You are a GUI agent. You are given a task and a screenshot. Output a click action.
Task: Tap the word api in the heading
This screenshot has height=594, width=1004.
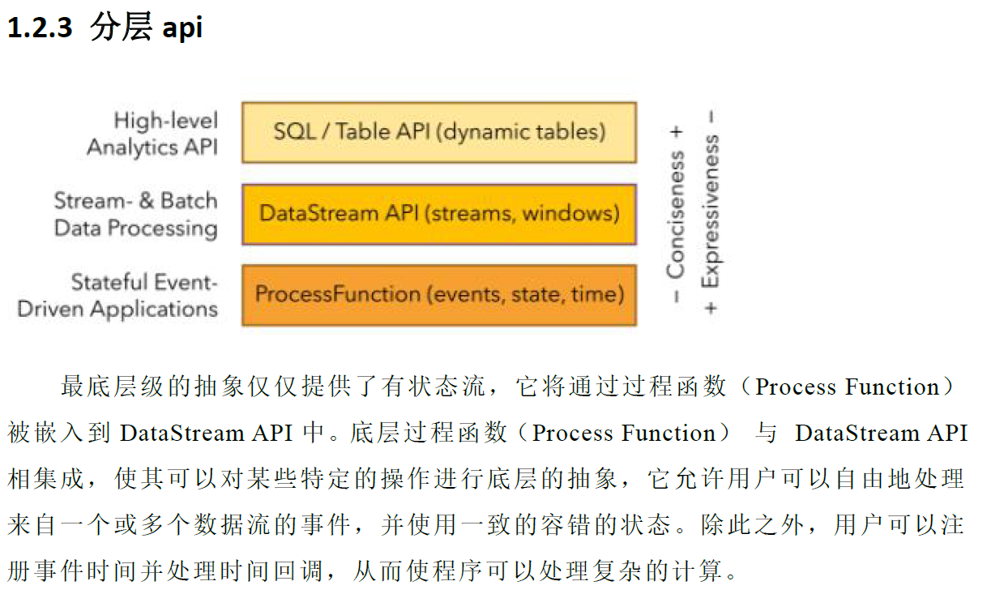[182, 28]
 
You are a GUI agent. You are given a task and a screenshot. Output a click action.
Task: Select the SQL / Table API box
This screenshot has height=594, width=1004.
[439, 131]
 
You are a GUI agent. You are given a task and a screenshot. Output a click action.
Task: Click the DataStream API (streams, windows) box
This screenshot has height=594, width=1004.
[439, 214]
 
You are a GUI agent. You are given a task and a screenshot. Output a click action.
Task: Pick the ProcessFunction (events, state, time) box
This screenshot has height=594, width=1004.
[439, 293]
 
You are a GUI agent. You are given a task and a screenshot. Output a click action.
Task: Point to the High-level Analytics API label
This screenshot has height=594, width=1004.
[153, 134]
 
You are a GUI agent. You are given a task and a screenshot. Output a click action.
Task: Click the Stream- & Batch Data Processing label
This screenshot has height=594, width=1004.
[136, 214]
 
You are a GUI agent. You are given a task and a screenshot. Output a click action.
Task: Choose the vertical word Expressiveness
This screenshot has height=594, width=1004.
[711, 211]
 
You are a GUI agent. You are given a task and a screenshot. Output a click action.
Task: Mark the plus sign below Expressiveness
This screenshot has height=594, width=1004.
[711, 308]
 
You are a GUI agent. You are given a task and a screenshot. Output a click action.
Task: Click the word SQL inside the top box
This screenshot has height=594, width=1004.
[294, 131]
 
